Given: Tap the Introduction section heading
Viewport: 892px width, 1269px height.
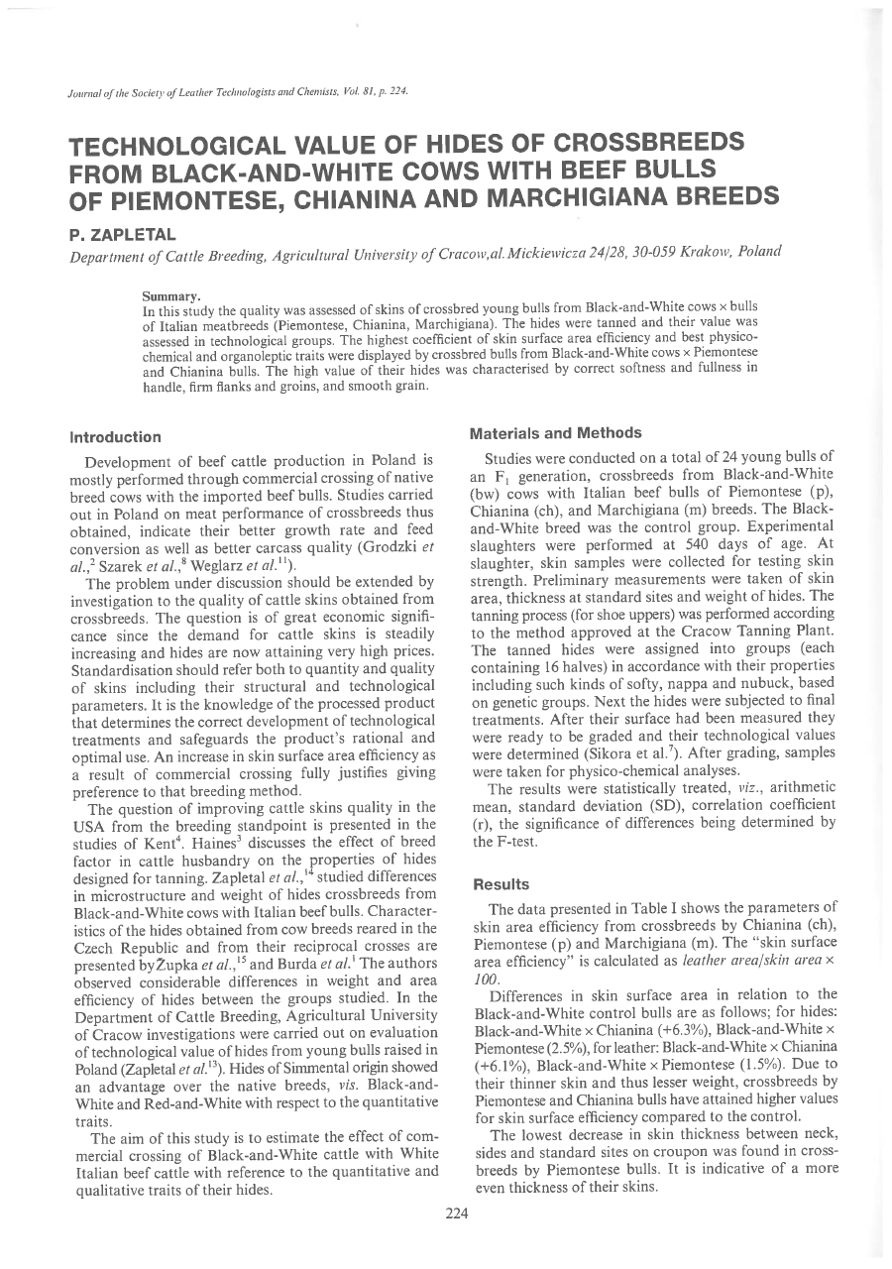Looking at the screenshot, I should [116, 436].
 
